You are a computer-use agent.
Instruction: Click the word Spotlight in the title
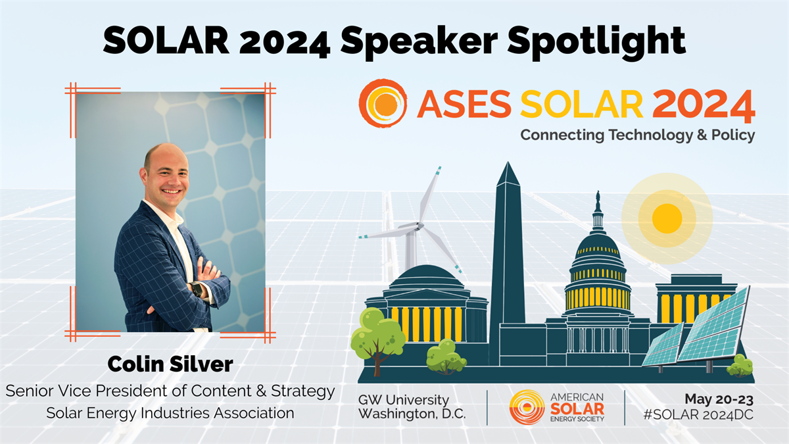coord(596,41)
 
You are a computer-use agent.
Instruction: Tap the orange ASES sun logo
coord(383,103)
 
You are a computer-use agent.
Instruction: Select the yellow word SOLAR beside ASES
coord(582,104)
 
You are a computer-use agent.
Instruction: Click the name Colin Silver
coord(170,364)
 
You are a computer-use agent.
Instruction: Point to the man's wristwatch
coord(197,289)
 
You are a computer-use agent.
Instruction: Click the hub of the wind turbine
coord(419,226)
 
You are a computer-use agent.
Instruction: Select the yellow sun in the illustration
coord(667,218)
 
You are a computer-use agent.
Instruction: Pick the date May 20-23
coord(719,399)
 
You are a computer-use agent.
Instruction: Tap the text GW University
coord(404,400)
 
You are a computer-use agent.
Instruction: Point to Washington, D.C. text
coord(412,414)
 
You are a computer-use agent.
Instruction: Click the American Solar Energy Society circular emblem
coord(527,407)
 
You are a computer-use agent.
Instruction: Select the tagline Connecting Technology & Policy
coord(638,135)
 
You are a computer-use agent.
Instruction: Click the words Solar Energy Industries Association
coord(170,413)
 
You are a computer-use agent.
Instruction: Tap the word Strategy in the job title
coord(302,391)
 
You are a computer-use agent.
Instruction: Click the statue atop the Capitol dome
coord(598,201)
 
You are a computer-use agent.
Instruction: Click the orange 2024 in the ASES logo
coord(704,104)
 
